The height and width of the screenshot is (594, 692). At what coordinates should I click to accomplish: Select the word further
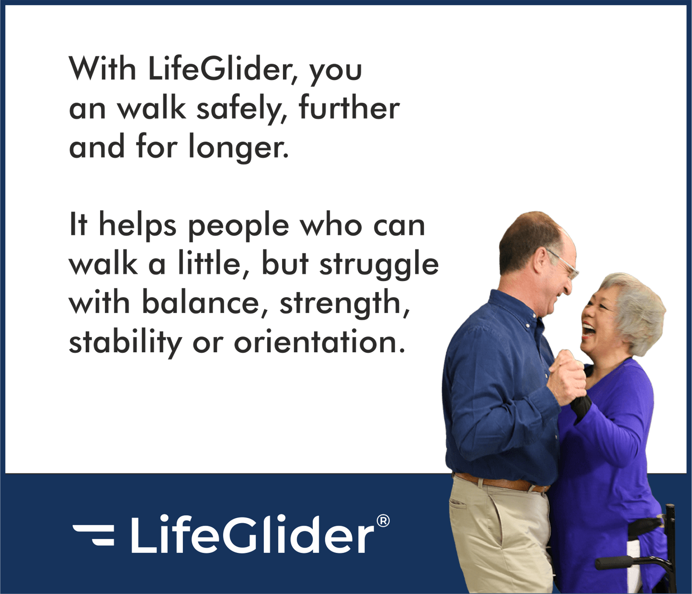[349, 109]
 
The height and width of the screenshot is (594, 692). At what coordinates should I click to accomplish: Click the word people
[238, 226]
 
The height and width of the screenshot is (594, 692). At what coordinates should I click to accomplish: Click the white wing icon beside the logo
[94, 534]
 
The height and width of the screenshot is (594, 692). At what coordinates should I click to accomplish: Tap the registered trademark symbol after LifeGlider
[383, 521]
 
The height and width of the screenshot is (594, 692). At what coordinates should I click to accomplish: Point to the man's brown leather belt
[500, 482]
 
